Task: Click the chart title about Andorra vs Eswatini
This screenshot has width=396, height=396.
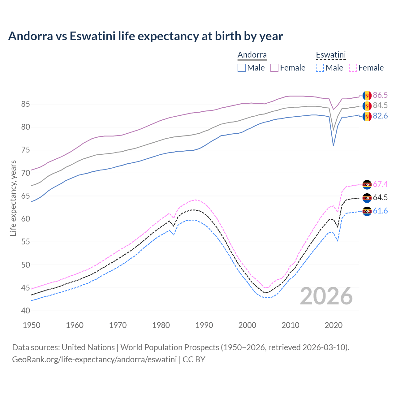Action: (x=145, y=36)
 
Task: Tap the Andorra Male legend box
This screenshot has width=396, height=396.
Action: (x=242, y=68)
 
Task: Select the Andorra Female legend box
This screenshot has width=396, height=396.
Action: (x=274, y=68)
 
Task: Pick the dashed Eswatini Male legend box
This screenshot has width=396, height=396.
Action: (x=320, y=68)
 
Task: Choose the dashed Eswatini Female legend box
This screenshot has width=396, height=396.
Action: (x=353, y=68)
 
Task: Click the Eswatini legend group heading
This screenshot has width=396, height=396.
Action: (x=330, y=55)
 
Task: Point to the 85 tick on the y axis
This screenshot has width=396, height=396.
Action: (x=25, y=104)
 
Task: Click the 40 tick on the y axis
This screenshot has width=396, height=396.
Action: (x=25, y=311)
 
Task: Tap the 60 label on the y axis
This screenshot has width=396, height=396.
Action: (x=25, y=219)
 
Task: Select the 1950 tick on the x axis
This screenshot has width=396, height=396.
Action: (x=32, y=325)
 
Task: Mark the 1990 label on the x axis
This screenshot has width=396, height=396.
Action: (x=204, y=325)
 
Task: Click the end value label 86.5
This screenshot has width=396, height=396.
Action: (x=380, y=95)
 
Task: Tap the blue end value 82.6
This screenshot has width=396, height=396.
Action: (x=380, y=116)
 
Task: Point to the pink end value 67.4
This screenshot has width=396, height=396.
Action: (x=380, y=184)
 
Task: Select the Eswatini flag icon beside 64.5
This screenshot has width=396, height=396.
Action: (x=367, y=198)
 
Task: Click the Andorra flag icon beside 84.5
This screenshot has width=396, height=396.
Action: (x=367, y=106)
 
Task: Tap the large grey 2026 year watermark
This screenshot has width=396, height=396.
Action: (x=326, y=296)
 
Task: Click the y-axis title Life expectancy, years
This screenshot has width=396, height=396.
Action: (x=13, y=198)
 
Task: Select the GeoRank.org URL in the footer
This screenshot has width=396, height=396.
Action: (x=94, y=359)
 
